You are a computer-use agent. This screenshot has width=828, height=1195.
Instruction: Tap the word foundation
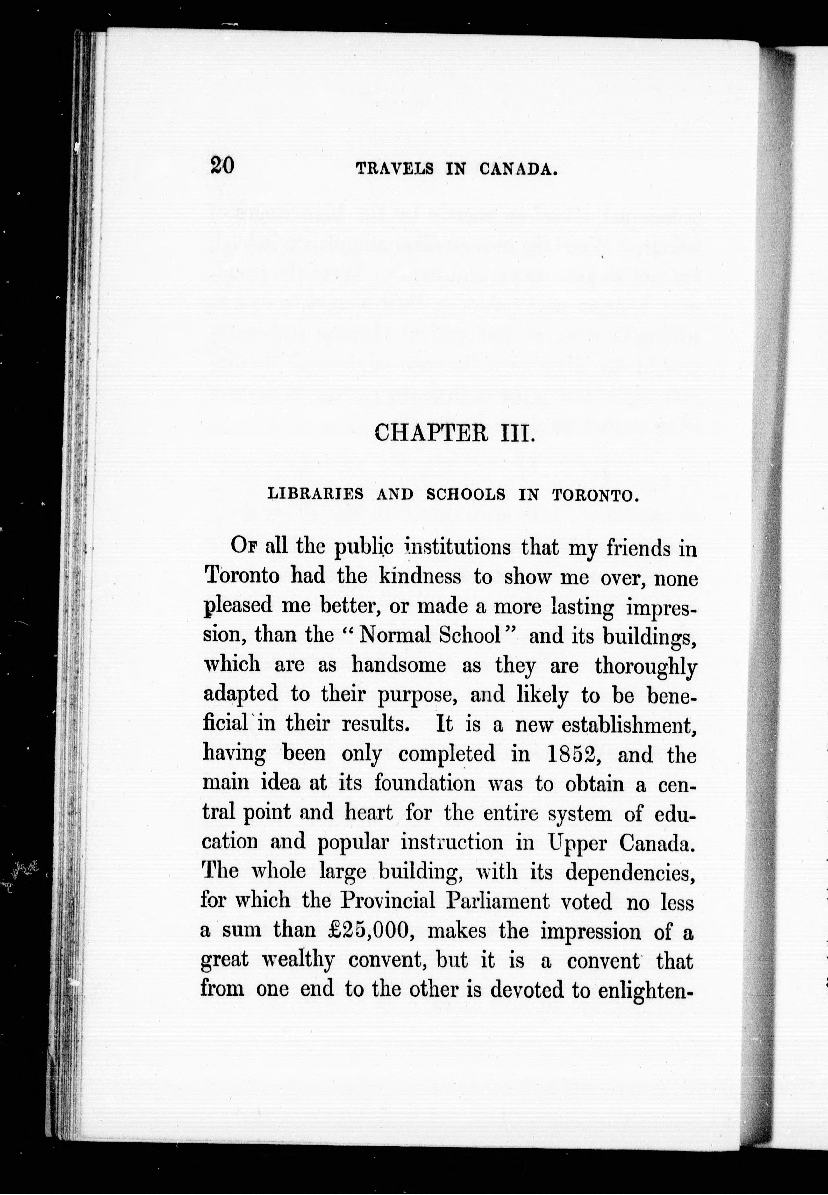click(425, 783)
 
